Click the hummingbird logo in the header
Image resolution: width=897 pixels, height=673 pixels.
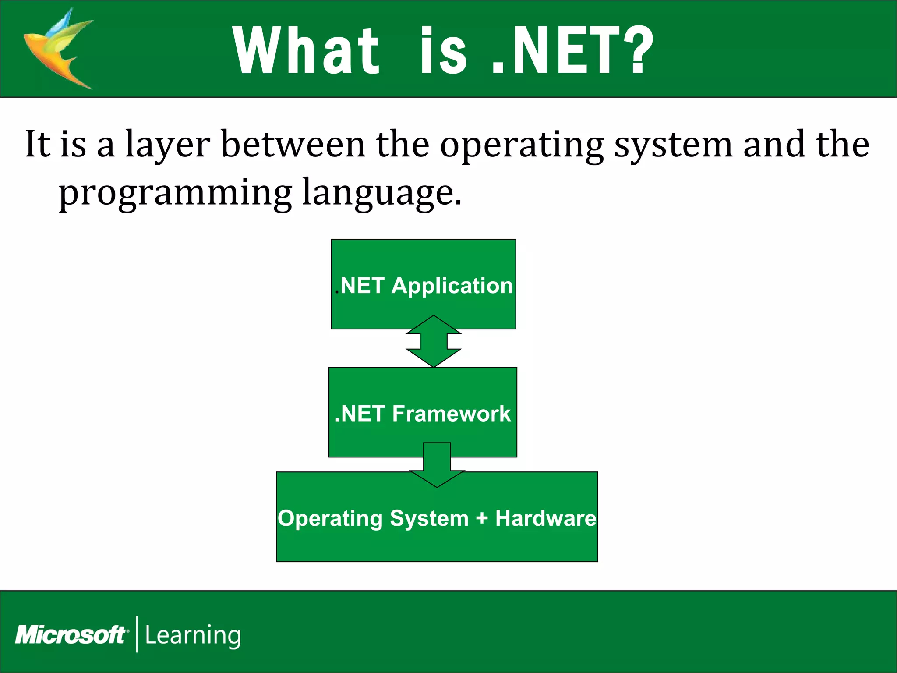(59, 48)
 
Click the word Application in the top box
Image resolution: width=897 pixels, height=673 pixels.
(452, 286)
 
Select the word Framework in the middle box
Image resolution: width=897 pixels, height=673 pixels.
(451, 414)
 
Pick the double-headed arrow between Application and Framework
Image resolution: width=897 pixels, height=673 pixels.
(434, 341)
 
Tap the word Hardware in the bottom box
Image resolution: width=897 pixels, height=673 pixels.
(545, 518)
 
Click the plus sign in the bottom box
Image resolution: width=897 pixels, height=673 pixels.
(482, 518)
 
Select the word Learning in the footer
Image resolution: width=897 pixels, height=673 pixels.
(193, 635)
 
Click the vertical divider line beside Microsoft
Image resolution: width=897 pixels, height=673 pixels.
(137, 634)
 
